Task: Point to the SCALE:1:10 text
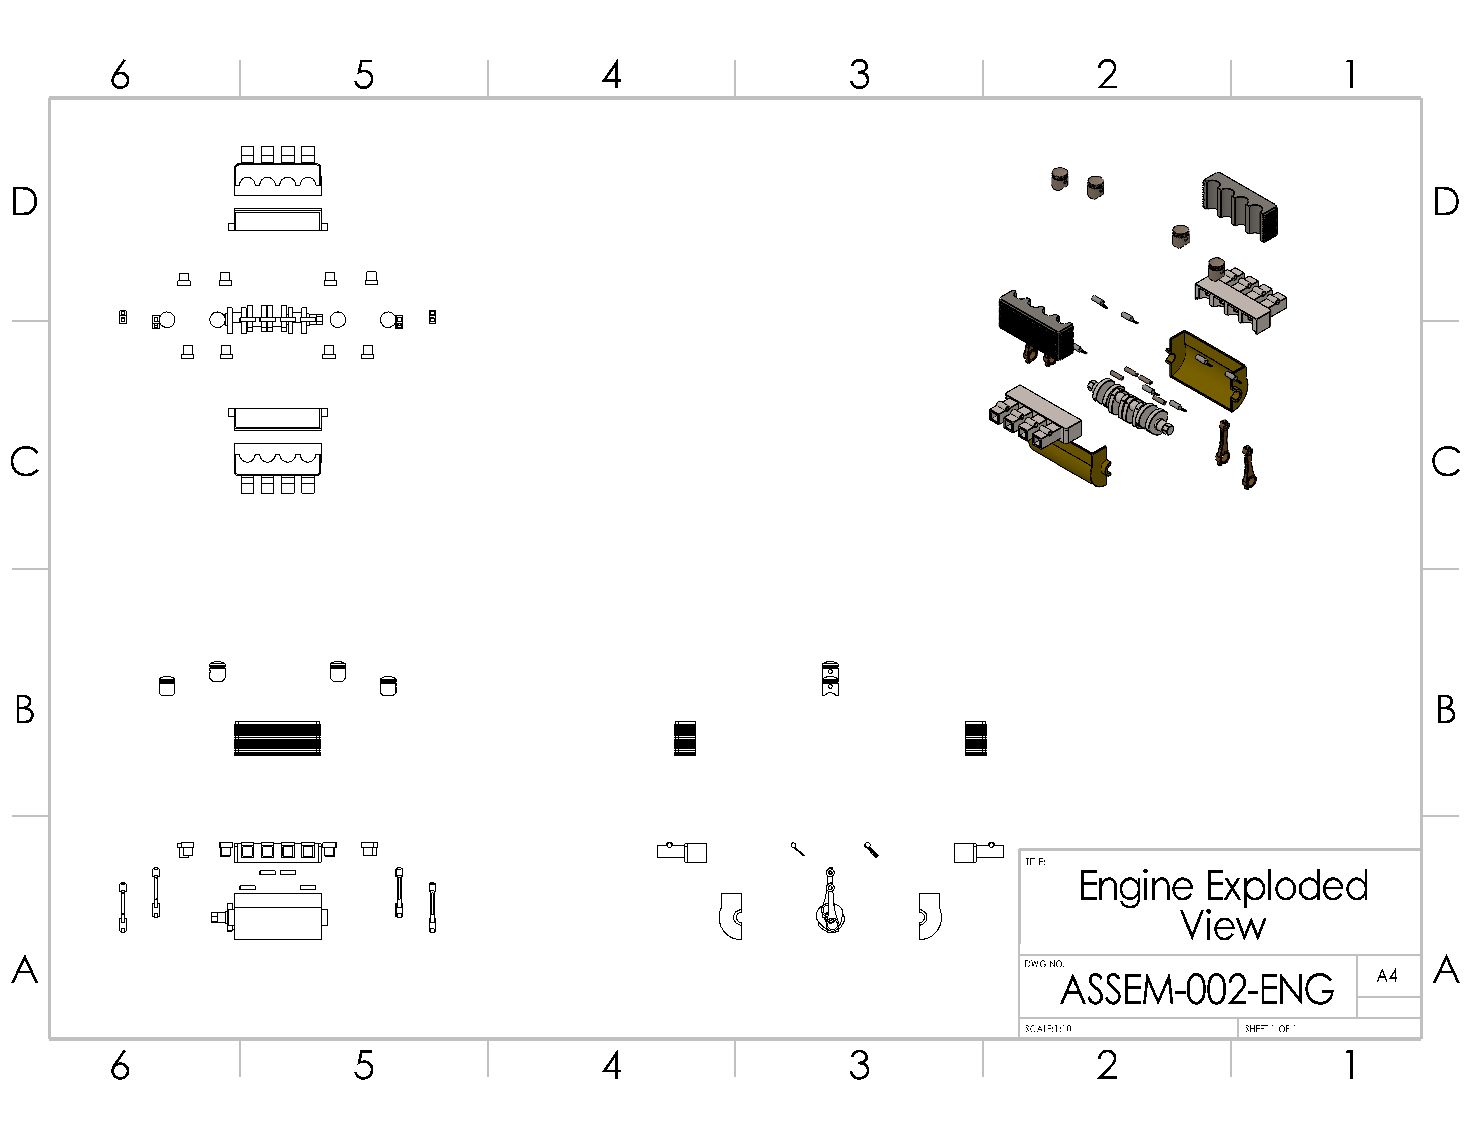(x=1048, y=1029)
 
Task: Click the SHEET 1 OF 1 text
(x=1270, y=1029)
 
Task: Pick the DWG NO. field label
(x=1044, y=964)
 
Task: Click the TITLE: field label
(x=1035, y=862)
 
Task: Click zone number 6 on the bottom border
(x=120, y=1065)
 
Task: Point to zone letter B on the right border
(x=1445, y=710)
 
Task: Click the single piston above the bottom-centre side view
(x=830, y=678)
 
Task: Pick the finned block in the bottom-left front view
(x=277, y=738)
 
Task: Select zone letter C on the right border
(x=1445, y=462)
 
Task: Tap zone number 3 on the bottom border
(x=859, y=1065)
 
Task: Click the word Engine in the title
(x=1136, y=887)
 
